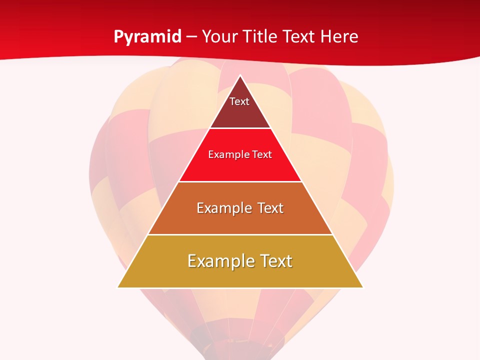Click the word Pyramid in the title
(147, 37)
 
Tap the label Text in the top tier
(239, 101)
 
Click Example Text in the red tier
(240, 154)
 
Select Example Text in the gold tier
(240, 261)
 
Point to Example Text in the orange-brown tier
(240, 208)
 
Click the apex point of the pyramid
(240, 76)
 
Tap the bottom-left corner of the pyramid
(118, 287)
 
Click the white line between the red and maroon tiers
(240, 128)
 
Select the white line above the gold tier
(240, 234)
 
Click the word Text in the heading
(299, 37)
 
